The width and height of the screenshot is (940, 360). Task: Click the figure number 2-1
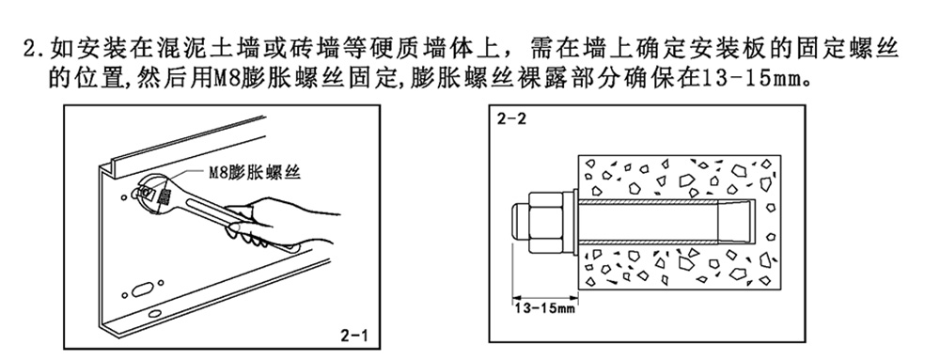pyautogui.click(x=353, y=336)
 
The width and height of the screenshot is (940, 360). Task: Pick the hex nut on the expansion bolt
pyautogui.click(x=544, y=225)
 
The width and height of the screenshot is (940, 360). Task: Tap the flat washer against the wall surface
pyautogui.click(x=570, y=225)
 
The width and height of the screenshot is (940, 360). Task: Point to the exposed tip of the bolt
pyautogui.click(x=520, y=225)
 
